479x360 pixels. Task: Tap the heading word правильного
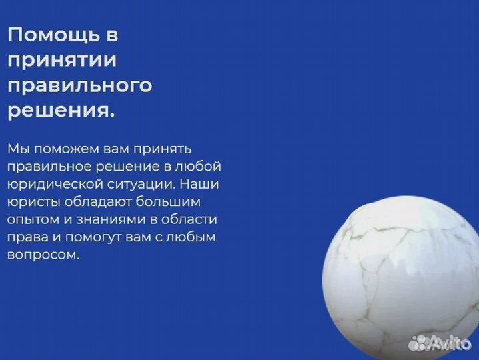click(x=79, y=85)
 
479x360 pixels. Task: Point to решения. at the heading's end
click(x=61, y=111)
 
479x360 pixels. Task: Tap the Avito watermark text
click(x=452, y=343)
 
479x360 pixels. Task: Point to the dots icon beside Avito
click(x=420, y=343)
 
